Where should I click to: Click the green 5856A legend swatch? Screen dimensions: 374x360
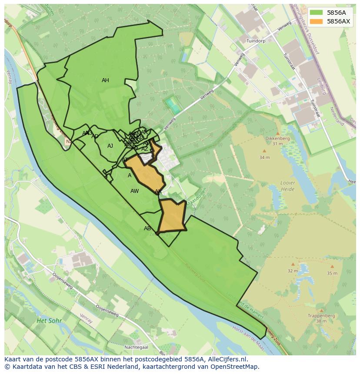point(317,13)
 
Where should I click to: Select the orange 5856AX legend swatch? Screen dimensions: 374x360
point(317,21)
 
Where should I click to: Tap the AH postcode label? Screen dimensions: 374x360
point(105,80)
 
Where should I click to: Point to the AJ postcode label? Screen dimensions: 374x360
point(110,146)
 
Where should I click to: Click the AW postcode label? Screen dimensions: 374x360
point(134,191)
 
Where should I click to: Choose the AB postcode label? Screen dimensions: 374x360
point(147,228)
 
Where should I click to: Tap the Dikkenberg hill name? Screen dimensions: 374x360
point(277,139)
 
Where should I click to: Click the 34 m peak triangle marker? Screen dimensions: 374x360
point(264,151)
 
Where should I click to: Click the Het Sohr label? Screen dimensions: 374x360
point(49,321)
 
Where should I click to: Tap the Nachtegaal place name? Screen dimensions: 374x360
point(136,347)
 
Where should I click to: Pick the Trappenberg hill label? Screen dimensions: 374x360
point(321,316)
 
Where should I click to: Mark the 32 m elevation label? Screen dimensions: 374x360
point(292,271)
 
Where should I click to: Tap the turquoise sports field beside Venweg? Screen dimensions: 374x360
point(173,105)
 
